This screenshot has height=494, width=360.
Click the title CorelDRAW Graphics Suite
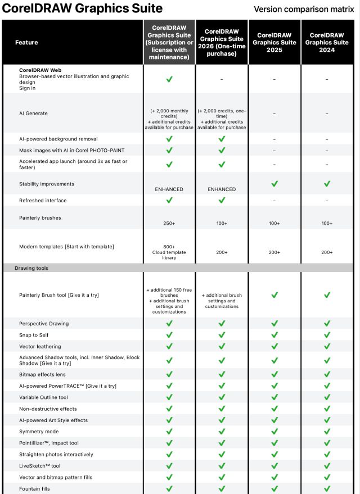(83, 9)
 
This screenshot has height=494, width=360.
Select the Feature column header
(26, 42)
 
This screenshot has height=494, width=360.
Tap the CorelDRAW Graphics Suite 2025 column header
(274, 42)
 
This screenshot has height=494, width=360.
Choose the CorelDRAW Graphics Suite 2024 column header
(327, 42)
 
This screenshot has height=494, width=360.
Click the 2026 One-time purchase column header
(222, 42)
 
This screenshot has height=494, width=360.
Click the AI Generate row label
(33, 114)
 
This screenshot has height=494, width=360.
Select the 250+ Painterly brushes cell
(169, 223)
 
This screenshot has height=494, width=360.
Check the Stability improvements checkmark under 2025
(274, 184)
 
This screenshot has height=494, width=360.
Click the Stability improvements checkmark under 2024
(327, 184)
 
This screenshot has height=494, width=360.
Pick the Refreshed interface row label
(43, 200)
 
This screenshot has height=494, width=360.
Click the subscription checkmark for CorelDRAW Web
(169, 79)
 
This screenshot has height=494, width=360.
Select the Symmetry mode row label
(39, 432)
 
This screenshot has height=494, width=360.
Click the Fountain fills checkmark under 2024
(327, 488)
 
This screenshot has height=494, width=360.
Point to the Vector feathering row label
(40, 347)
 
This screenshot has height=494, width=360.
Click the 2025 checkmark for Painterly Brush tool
(274, 295)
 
